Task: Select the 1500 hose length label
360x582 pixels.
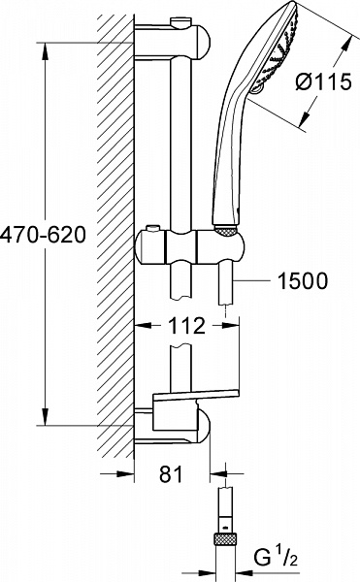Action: [302, 281]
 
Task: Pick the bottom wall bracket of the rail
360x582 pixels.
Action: [180, 424]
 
